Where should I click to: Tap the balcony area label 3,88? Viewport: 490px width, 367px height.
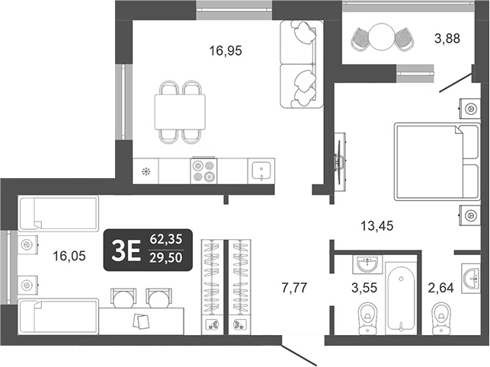click(x=446, y=37)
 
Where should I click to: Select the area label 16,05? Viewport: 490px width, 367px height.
click(x=68, y=257)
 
